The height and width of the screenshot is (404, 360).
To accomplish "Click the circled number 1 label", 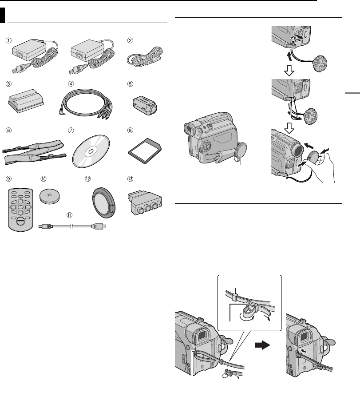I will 8,39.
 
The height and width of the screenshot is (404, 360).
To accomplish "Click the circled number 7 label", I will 70,131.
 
